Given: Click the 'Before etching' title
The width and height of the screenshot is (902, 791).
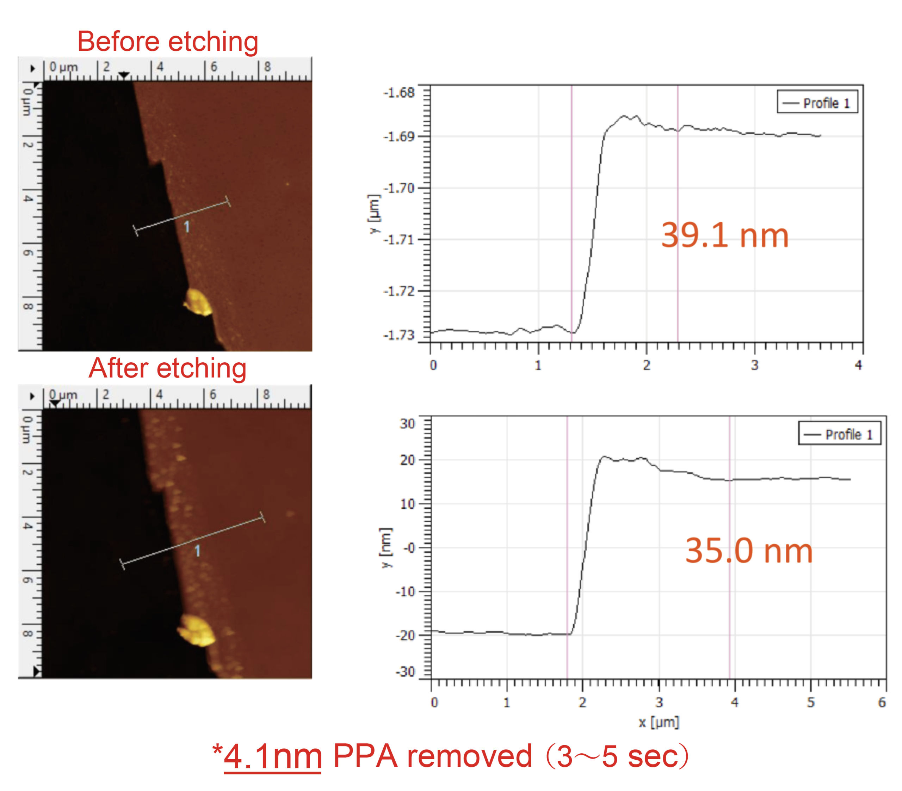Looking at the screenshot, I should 168,42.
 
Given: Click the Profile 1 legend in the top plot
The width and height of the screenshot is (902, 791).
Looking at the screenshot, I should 817,103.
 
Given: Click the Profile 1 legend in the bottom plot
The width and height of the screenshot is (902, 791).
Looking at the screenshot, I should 839,434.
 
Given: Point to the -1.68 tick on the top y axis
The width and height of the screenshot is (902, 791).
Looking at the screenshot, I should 399,93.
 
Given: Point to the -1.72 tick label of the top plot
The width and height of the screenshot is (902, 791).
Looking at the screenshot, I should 399,291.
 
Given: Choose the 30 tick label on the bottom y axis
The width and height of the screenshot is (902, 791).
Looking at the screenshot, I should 407,424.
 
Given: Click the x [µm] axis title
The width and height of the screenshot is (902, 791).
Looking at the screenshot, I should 659,723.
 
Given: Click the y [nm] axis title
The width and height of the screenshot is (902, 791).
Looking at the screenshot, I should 386,547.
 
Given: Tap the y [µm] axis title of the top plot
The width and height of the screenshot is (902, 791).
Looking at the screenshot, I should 374,214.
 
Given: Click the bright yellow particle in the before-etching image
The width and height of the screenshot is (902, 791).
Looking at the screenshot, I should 199,302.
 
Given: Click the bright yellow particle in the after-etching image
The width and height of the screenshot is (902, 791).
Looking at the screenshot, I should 197,630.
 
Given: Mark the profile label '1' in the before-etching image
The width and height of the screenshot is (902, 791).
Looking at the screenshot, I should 187,227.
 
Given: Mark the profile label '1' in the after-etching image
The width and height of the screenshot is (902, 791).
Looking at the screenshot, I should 198,551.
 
